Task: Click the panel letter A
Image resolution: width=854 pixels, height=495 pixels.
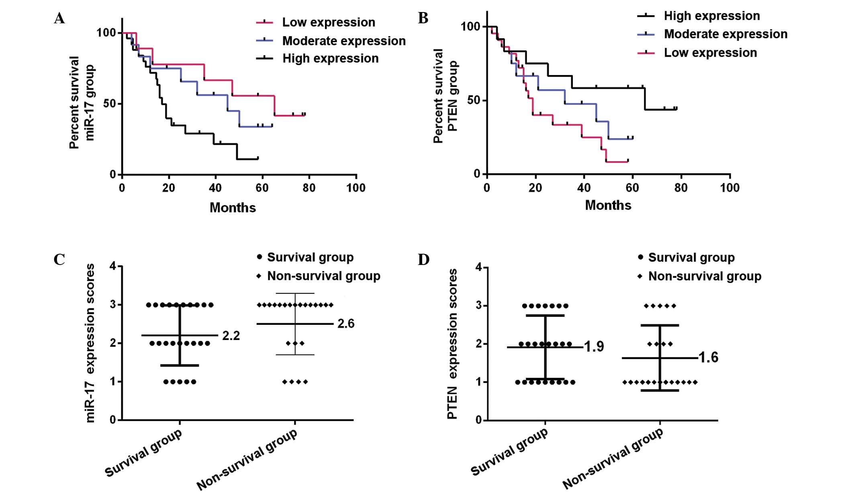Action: [x=59, y=18]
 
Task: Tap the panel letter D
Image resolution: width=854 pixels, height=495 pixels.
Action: [x=423, y=260]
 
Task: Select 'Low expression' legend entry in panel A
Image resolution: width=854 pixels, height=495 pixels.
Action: [x=328, y=22]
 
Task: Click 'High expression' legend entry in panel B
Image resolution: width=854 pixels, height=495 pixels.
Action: [x=711, y=16]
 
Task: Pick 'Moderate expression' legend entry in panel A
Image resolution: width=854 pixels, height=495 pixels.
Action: [x=343, y=41]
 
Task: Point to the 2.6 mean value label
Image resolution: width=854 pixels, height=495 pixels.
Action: [x=346, y=324]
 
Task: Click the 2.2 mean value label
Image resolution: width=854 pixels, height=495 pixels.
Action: [x=231, y=336]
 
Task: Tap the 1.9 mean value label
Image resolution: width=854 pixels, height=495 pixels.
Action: [x=594, y=346]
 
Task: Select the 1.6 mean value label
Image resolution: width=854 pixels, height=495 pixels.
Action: [x=709, y=358]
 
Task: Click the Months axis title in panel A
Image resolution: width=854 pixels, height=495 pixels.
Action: [x=233, y=208]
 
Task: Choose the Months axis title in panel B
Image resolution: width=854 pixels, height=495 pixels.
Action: [x=608, y=205]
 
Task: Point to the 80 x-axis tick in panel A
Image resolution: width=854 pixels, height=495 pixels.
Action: [x=309, y=188]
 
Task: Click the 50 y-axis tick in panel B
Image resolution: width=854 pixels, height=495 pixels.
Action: [x=474, y=100]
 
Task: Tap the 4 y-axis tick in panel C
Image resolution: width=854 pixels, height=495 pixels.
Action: [x=113, y=266]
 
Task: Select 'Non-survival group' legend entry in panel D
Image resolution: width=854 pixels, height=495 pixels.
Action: [x=705, y=276]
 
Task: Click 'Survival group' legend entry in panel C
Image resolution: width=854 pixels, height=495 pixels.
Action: [x=310, y=257]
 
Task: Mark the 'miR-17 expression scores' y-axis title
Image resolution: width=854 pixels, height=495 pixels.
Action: [x=90, y=343]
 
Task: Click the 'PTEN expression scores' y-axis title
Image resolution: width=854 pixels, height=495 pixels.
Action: [x=453, y=344]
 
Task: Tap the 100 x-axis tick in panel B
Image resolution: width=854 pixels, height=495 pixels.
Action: [x=729, y=188]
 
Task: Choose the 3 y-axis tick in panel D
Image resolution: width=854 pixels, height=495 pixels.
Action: [x=479, y=306]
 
